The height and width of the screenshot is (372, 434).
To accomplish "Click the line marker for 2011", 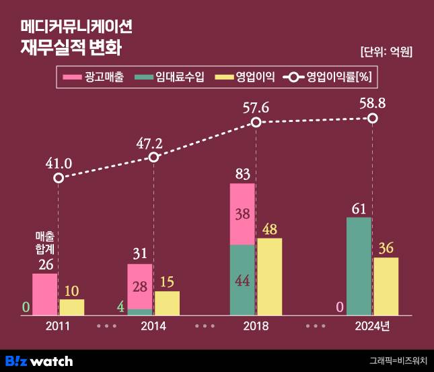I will [59, 178].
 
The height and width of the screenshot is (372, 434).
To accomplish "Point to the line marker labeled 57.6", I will [256, 123].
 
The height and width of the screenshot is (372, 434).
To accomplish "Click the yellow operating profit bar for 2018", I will [269, 276].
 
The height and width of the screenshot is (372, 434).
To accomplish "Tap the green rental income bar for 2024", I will [359, 266].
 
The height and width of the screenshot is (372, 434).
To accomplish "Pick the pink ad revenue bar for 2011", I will [44, 294].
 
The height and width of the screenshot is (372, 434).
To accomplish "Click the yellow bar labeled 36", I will [386, 286].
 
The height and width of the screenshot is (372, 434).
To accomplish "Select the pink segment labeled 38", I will [242, 214].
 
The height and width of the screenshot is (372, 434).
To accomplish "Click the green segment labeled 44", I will [242, 280].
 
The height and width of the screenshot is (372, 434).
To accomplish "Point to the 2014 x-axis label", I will [153, 325].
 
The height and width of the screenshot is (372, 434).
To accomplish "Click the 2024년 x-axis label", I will [372, 325].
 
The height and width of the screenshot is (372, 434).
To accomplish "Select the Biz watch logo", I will [39, 361].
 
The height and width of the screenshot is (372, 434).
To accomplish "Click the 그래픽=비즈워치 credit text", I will [398, 361].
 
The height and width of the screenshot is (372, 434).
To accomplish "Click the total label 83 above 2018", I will [242, 174].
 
